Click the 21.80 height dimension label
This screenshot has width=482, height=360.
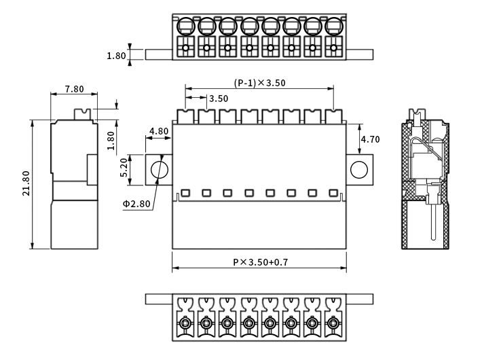pyautogui.click(x=26, y=183)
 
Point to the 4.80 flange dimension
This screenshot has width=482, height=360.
pyautogui.click(x=159, y=131)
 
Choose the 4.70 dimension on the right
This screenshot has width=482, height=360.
pyautogui.click(x=370, y=139)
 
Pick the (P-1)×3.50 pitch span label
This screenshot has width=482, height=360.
pyautogui.click(x=259, y=83)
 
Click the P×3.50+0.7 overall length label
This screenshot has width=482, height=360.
pyautogui.click(x=261, y=262)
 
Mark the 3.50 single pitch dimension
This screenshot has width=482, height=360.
pyautogui.click(x=219, y=98)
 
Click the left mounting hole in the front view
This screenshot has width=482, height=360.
pyautogui.click(x=159, y=169)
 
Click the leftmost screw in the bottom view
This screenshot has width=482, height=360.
pyautogui.click(x=185, y=323)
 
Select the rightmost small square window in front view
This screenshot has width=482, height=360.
pyautogui.click(x=333, y=192)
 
